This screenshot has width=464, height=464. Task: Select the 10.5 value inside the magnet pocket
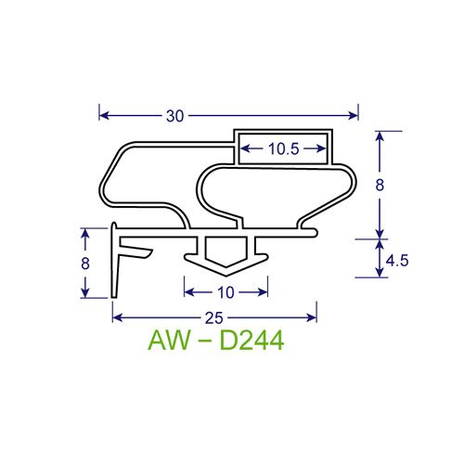point(284,148)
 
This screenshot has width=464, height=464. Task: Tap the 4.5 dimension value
point(398,261)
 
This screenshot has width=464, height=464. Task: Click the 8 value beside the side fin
point(85,264)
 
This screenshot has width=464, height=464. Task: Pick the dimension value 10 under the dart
point(226,292)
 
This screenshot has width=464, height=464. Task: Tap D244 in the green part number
point(250,341)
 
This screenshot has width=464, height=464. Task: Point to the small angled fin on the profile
point(137,251)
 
